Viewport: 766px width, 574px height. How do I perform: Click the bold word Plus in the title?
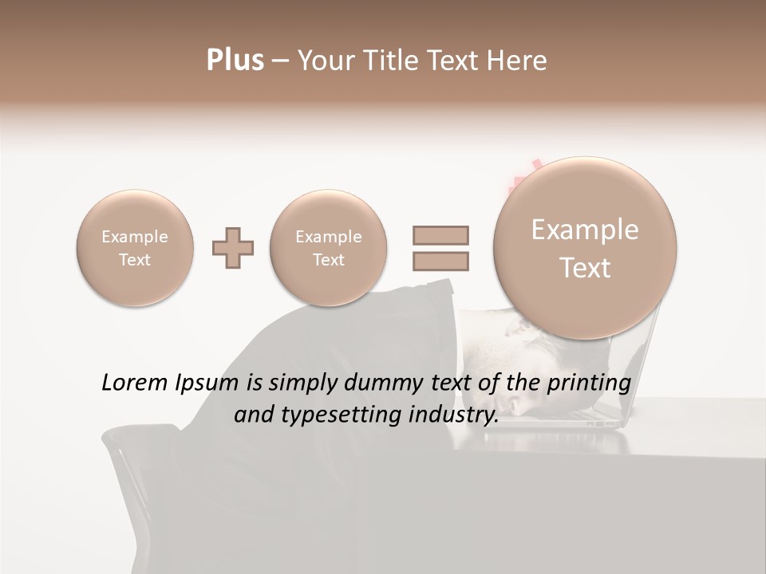point(235,61)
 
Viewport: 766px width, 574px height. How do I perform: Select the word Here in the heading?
point(515,61)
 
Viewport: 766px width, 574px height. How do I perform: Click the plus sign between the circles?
point(233,249)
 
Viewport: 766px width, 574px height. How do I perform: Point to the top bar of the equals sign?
point(440,235)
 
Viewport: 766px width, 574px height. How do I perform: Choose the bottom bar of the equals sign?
point(440,261)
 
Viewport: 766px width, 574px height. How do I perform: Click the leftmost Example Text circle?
point(135,248)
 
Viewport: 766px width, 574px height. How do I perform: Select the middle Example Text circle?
point(328,248)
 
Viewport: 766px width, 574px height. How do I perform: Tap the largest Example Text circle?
point(585,248)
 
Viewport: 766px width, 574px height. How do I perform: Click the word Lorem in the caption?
point(131,383)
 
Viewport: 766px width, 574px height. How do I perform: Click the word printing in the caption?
point(589,383)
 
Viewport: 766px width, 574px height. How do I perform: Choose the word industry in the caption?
point(455,415)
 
